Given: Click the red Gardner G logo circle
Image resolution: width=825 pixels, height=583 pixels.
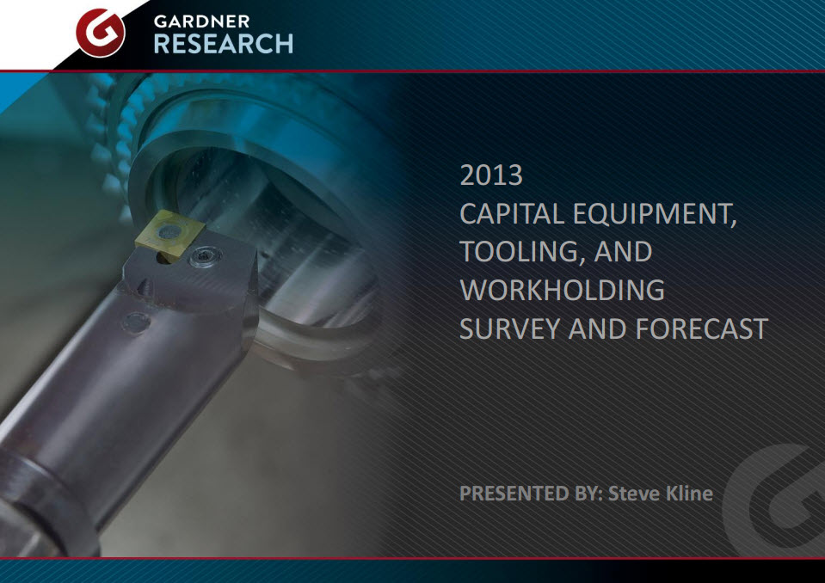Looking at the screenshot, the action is pyautogui.click(x=101, y=33).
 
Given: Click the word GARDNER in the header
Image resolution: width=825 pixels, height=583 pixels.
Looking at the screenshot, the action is pyautogui.click(x=202, y=21).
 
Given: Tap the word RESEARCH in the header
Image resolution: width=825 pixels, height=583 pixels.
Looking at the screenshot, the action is pyautogui.click(x=224, y=44).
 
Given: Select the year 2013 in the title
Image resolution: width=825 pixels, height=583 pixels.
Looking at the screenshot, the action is pyautogui.click(x=491, y=175).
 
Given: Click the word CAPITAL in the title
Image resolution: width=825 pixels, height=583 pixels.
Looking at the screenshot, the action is pyautogui.click(x=512, y=214).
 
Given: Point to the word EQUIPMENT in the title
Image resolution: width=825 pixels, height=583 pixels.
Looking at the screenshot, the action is pyautogui.click(x=655, y=214).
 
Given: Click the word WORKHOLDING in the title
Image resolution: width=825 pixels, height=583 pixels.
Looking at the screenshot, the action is pyautogui.click(x=563, y=290).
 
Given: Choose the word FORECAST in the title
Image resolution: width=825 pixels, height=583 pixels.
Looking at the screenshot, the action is pyautogui.click(x=702, y=329).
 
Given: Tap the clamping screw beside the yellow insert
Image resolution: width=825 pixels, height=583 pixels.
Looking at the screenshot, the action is pyautogui.click(x=204, y=257).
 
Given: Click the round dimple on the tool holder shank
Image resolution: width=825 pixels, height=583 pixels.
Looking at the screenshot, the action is pyautogui.click(x=136, y=322).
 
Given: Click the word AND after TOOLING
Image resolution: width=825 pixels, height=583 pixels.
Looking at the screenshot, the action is pyautogui.click(x=624, y=252).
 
